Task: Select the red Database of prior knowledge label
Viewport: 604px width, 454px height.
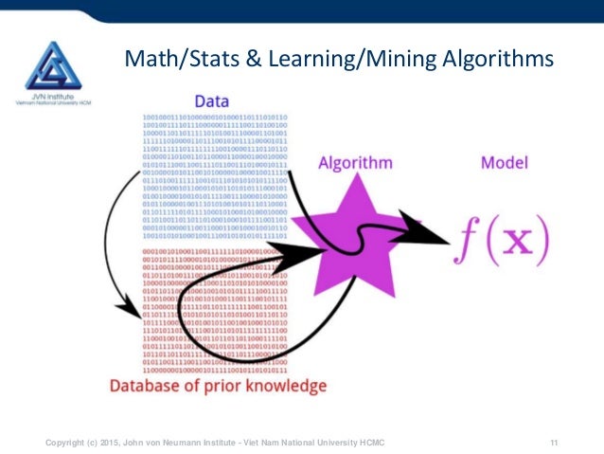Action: (218, 387)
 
